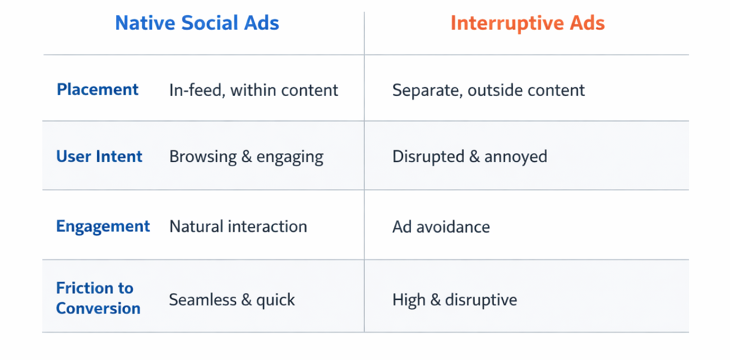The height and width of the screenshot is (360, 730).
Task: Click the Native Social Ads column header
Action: [197, 23]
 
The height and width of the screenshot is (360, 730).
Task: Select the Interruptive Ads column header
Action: [527, 23]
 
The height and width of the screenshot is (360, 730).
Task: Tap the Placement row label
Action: [97, 89]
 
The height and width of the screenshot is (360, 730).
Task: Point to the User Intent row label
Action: [99, 156]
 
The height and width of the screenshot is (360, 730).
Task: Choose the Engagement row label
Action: [103, 226]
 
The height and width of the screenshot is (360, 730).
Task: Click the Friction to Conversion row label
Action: [98, 298]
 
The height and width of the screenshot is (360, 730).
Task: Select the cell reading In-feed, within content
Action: [253, 90]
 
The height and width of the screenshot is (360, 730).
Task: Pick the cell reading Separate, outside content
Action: [488, 90]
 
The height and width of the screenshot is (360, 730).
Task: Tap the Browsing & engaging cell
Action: [246, 157]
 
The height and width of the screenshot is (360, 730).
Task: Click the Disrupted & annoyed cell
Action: [469, 157]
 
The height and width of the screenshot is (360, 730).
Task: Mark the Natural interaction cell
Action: [238, 227]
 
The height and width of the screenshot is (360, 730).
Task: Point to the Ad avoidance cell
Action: [441, 227]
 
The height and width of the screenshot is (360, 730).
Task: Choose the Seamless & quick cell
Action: [232, 300]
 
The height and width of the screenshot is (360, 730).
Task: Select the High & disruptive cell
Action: [455, 300]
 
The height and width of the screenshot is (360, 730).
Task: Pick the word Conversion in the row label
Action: [98, 308]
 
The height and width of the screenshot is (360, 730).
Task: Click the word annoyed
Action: [515, 157]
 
